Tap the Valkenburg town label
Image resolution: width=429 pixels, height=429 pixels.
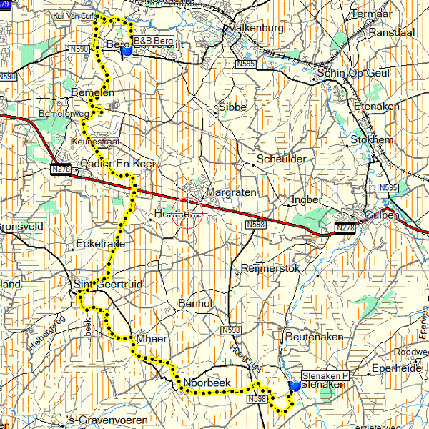[254, 29]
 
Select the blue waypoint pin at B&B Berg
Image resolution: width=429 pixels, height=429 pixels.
[127, 51]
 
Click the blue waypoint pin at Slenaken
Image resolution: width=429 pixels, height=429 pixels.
[295, 387]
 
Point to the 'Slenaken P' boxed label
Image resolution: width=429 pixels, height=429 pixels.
[324, 375]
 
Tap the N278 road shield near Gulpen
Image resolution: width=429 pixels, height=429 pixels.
[345, 227]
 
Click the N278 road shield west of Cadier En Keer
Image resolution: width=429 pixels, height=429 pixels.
[62, 169]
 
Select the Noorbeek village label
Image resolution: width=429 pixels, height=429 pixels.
[207, 383]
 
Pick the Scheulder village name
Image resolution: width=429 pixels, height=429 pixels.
[281, 159]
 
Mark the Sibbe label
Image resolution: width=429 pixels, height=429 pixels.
[231, 107]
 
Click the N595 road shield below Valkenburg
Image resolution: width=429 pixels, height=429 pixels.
[245, 64]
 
